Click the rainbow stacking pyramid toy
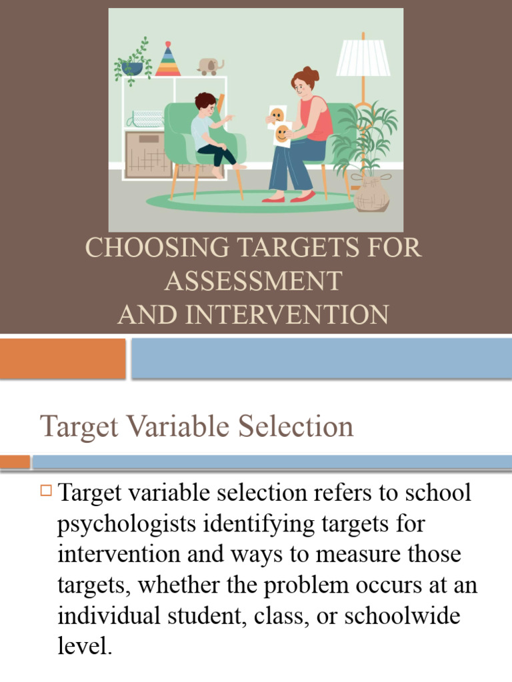[167, 60]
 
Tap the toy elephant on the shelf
[210, 66]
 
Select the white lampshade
[363, 58]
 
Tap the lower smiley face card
[283, 133]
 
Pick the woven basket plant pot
[371, 193]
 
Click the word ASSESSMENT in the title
[253, 281]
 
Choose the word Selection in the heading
[293, 427]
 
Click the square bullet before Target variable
[46, 492]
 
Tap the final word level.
[84, 646]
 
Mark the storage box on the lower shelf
[148, 155]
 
